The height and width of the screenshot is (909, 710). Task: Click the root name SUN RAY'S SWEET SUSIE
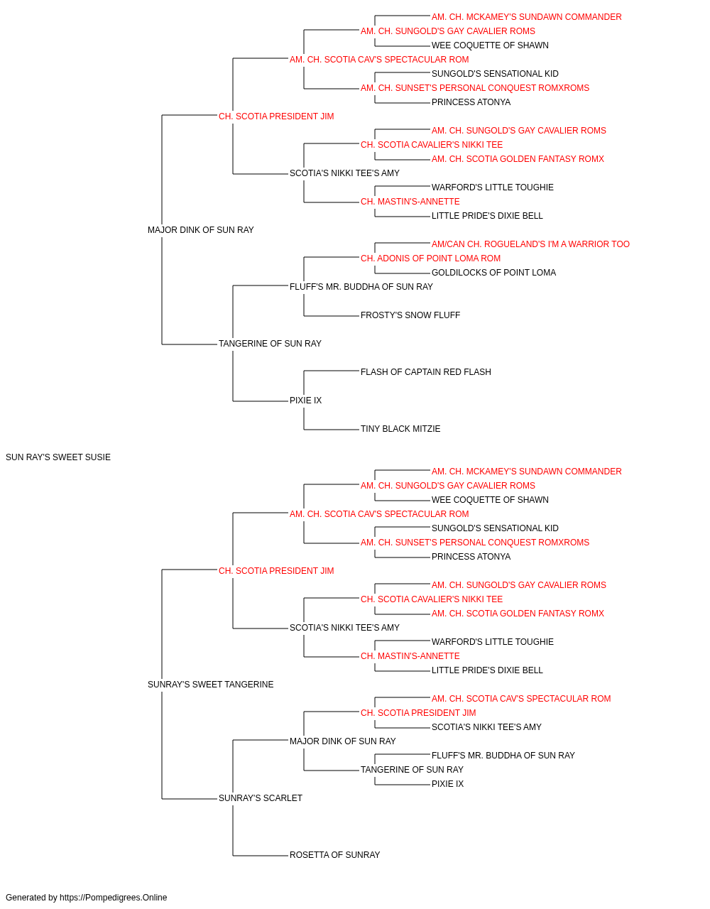click(58, 457)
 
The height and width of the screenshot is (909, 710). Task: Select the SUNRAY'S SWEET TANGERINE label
click(210, 685)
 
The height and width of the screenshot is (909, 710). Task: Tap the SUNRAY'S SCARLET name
click(260, 798)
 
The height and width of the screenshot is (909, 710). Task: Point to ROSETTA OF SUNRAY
click(334, 855)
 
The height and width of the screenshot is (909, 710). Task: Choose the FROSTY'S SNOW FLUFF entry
click(410, 315)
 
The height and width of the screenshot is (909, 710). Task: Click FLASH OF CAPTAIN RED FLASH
click(426, 372)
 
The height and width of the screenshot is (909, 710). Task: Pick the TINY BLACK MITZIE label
click(400, 429)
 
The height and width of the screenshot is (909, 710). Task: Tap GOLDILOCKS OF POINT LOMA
click(493, 273)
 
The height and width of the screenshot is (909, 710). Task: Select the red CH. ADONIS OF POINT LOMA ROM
click(430, 258)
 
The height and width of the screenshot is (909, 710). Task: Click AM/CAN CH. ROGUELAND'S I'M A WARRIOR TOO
click(530, 244)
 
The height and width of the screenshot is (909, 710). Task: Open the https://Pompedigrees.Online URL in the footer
click(113, 898)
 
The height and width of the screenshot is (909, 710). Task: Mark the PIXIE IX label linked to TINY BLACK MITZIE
click(306, 401)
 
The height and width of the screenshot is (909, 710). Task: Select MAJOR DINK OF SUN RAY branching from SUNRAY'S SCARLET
click(342, 741)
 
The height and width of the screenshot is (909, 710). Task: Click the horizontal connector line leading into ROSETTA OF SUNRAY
click(261, 856)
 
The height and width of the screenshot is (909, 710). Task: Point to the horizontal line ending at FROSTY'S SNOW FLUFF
click(332, 316)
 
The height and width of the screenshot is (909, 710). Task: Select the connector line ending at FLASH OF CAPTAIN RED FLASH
click(332, 371)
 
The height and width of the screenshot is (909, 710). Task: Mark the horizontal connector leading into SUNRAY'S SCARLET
click(190, 799)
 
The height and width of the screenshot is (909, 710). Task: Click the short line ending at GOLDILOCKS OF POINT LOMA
click(403, 273)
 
